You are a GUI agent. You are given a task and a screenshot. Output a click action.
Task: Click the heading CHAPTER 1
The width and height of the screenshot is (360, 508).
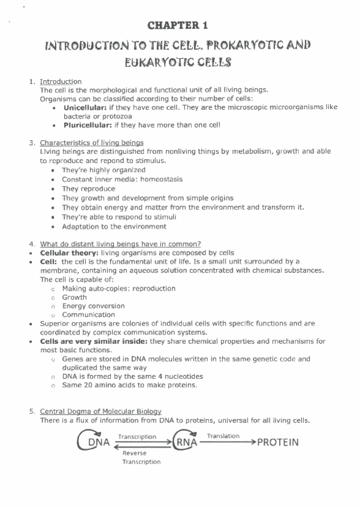tap(180, 25)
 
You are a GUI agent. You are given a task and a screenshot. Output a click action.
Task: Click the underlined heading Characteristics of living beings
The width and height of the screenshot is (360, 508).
tap(92, 143)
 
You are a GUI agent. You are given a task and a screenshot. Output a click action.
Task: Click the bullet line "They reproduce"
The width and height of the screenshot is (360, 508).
tap(88, 188)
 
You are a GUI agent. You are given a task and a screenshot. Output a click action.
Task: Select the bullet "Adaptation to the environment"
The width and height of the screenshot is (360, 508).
tap(114, 226)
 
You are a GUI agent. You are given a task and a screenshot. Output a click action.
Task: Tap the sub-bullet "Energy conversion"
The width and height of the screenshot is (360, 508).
tap(93, 306)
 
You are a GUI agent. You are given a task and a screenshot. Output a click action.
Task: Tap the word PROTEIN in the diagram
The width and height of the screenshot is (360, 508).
tap(277, 443)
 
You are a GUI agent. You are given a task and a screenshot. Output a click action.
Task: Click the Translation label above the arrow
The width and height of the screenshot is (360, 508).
tap(223, 436)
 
